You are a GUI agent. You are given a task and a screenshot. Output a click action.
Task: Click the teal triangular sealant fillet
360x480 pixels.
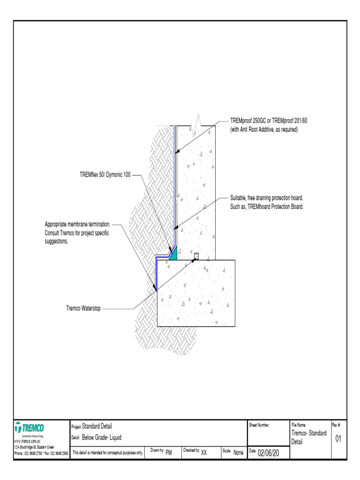[x=173, y=255]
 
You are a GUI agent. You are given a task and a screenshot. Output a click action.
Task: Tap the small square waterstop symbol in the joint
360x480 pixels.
[x=196, y=256]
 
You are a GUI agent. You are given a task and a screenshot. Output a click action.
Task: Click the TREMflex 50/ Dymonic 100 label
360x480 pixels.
[x=105, y=175]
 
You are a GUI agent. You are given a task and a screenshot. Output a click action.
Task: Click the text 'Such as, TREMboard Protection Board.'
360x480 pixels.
[x=267, y=207]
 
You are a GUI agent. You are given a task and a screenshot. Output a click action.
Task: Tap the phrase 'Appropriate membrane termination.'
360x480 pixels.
[x=77, y=224]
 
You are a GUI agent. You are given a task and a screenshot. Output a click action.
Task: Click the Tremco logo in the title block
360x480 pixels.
[x=30, y=428]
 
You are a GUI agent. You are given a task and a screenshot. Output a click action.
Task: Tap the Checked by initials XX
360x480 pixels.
[x=204, y=453]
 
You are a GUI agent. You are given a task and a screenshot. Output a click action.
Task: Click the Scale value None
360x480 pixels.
[x=238, y=453]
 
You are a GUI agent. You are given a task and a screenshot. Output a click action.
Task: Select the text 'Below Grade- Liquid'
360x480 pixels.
[x=102, y=438]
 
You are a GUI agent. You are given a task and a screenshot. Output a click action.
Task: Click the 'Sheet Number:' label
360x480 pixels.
[x=259, y=425]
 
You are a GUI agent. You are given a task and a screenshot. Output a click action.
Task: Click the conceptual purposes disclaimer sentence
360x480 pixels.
[x=108, y=453]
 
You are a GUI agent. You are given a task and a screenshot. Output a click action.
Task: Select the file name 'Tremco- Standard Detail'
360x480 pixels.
[x=308, y=437]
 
